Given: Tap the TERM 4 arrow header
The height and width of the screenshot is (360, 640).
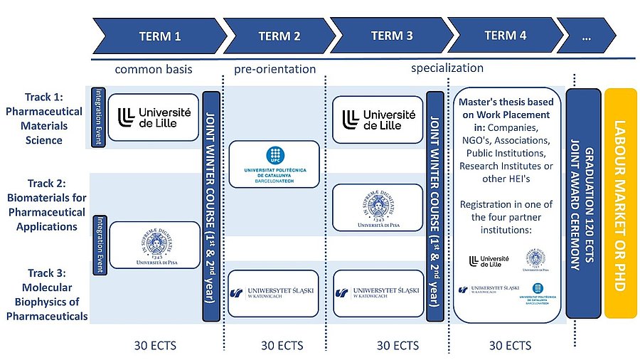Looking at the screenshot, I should (x=505, y=36).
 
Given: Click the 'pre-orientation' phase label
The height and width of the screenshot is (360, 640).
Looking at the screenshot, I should (x=274, y=69).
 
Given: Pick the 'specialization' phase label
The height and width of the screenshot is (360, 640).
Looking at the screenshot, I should (x=447, y=68).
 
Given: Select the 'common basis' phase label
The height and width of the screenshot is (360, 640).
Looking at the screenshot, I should (x=154, y=69).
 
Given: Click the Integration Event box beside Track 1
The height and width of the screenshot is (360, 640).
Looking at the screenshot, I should (x=100, y=117).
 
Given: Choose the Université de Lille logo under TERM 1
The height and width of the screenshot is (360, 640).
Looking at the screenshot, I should (x=154, y=117).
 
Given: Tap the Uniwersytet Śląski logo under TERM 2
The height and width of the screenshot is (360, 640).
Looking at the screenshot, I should (x=274, y=292).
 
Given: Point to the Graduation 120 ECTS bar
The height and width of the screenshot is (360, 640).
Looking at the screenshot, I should (x=584, y=203).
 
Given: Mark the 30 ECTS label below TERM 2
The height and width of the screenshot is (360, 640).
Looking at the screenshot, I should (x=282, y=346).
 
